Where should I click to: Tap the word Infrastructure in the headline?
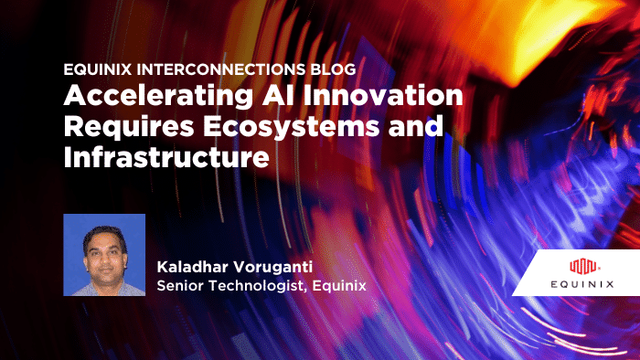click(165, 157)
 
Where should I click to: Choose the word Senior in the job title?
click(183, 286)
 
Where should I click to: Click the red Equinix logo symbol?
click(582, 267)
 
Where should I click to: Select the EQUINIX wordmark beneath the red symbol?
click(582, 284)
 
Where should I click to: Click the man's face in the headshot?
click(103, 251)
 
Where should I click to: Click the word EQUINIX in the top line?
click(96, 70)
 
